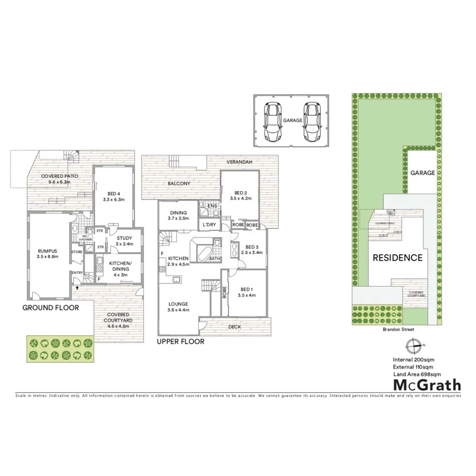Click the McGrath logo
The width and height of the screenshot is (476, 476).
tap(426, 385)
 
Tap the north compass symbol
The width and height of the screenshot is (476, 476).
tap(414, 345)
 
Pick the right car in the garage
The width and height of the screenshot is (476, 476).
tap(312, 121)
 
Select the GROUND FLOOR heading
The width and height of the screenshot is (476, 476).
tap(51, 307)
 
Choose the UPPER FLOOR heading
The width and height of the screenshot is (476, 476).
tap(180, 342)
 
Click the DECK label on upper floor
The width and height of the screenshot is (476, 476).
tap(235, 327)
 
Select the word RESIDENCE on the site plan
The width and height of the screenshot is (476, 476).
tap(398, 258)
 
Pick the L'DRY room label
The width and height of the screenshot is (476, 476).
tap(208, 225)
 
